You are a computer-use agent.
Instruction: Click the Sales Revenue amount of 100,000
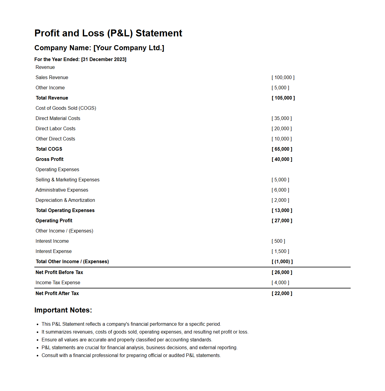click(283, 78)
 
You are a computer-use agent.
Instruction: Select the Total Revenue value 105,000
click(283, 98)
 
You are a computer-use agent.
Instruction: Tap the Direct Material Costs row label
click(58, 119)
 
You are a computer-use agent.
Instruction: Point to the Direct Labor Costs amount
click(282, 129)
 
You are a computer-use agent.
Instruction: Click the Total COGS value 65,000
click(282, 149)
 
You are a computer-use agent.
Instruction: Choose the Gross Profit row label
click(49, 159)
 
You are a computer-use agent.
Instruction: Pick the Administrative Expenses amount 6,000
click(280, 190)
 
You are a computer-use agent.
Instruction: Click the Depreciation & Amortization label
click(65, 200)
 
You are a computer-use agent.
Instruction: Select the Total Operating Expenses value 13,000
click(282, 211)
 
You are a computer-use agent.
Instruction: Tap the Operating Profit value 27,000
click(282, 221)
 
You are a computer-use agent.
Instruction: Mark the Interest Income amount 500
click(278, 241)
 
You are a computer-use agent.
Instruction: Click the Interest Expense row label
click(54, 251)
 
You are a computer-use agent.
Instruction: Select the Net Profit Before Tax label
click(59, 272)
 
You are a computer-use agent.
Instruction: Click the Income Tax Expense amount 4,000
click(280, 283)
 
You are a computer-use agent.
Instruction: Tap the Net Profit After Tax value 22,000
click(282, 294)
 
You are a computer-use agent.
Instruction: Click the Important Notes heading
click(63, 310)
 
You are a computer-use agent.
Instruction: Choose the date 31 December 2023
click(104, 60)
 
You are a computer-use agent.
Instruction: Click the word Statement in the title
click(159, 33)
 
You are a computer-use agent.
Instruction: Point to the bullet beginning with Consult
click(131, 356)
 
